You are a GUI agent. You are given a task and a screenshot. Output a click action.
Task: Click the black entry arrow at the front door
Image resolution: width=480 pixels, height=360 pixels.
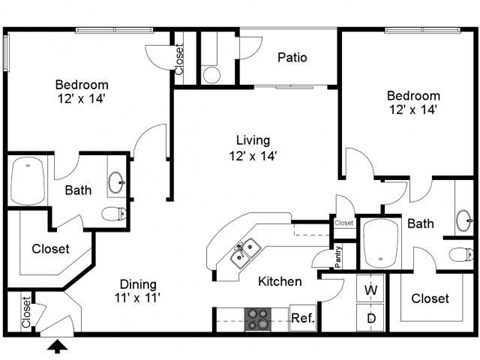click(x=59, y=347)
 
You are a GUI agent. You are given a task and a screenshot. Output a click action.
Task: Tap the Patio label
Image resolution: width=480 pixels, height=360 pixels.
click(x=291, y=57)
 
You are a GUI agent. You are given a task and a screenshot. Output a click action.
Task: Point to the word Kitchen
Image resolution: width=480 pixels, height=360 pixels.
click(x=280, y=282)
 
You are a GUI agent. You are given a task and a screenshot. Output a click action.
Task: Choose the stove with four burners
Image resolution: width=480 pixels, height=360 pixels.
click(x=259, y=319)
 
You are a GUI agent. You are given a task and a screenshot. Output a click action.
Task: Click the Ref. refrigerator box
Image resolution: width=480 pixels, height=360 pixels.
click(x=302, y=319)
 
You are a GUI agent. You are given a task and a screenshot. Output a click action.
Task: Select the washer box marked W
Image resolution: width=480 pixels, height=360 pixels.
click(x=370, y=291)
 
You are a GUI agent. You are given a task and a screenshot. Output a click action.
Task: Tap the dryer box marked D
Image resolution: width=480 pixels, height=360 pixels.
click(x=370, y=318)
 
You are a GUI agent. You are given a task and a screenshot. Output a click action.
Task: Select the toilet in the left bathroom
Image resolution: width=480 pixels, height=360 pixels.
click(x=114, y=213)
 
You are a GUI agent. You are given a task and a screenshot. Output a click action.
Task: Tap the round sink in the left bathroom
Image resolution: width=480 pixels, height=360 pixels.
click(x=116, y=182)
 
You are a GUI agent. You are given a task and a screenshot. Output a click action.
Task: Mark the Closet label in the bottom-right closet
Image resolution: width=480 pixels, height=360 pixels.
click(x=430, y=298)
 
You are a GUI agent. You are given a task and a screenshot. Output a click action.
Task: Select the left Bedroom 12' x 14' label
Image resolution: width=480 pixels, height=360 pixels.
click(x=81, y=93)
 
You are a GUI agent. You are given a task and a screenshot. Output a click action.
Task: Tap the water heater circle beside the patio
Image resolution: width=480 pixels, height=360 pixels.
click(x=211, y=73)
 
